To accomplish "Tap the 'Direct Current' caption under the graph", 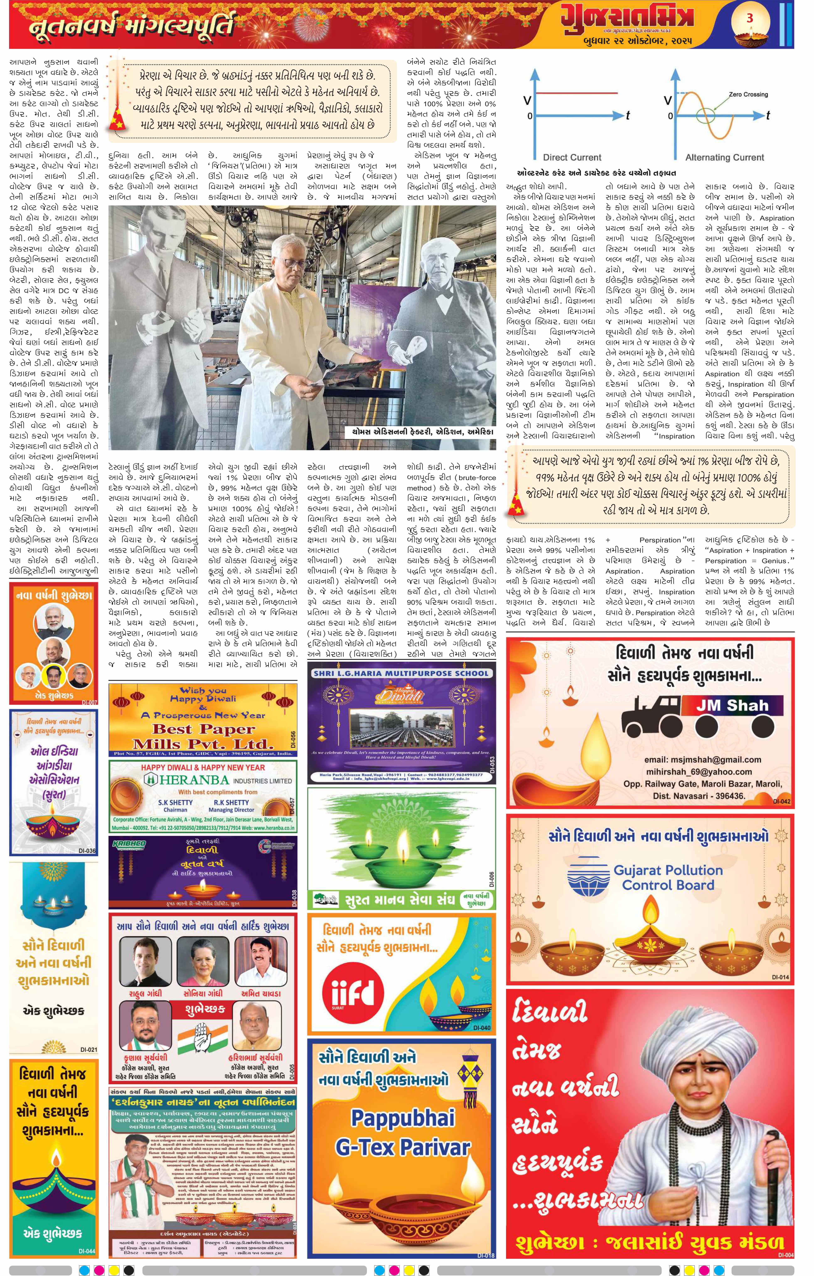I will pos(572,157).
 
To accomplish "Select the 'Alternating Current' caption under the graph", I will pos(724,157).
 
